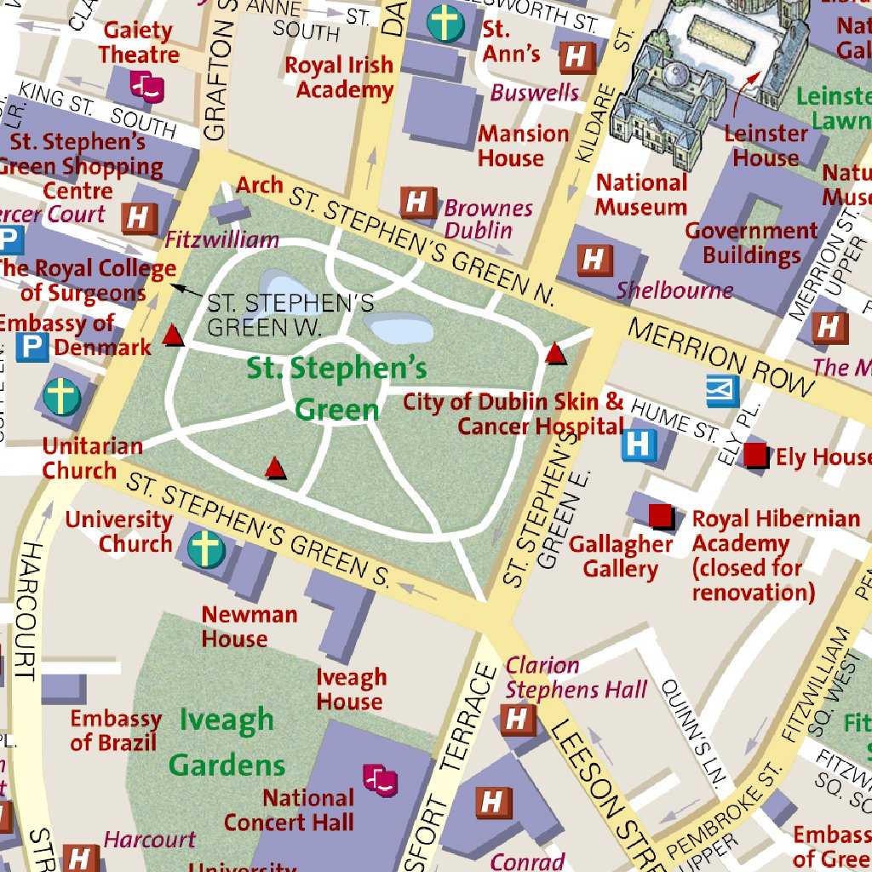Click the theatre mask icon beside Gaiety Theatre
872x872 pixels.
[x=146, y=87]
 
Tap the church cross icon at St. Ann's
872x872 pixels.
[x=445, y=23]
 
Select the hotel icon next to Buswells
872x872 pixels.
[x=577, y=58]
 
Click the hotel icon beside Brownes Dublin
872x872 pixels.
[x=417, y=204]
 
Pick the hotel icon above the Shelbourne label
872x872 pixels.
[x=594, y=260]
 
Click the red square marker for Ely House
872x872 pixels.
[x=755, y=455]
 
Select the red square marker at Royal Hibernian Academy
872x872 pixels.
[x=660, y=515]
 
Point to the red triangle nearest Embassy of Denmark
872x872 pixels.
[x=173, y=336]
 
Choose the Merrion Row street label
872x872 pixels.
[x=720, y=357]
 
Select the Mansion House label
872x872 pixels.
[x=523, y=146]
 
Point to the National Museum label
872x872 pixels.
[x=641, y=195]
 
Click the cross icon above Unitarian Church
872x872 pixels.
[x=61, y=397]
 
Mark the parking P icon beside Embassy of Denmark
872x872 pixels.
[x=32, y=347]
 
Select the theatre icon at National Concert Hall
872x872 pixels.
[x=380, y=778]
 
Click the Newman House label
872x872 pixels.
[x=249, y=626]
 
